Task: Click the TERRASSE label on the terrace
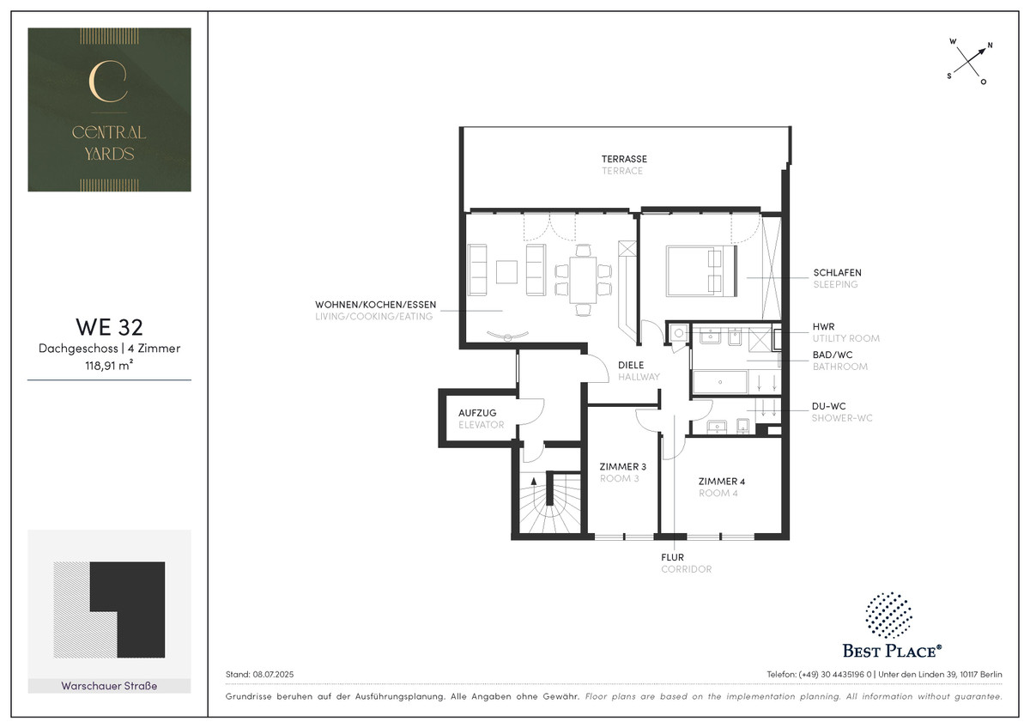coord(624,159)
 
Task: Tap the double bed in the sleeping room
coord(701,270)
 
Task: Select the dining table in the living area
coord(583,280)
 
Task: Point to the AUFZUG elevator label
coord(477,413)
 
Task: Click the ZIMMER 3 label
coord(622,466)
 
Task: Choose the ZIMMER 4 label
coord(722,481)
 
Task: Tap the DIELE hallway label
coord(631,365)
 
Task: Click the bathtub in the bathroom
coord(720,382)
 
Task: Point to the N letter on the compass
coord(990,45)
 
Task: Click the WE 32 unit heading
coord(110,326)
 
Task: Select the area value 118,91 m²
coord(110,365)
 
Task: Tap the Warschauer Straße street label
coord(110,686)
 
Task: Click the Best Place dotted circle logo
coord(888,615)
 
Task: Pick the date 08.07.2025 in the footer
coord(273,674)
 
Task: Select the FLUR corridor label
coord(672,557)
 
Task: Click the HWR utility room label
coord(823,326)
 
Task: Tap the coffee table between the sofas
coord(506,272)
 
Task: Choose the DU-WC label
coord(828,406)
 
